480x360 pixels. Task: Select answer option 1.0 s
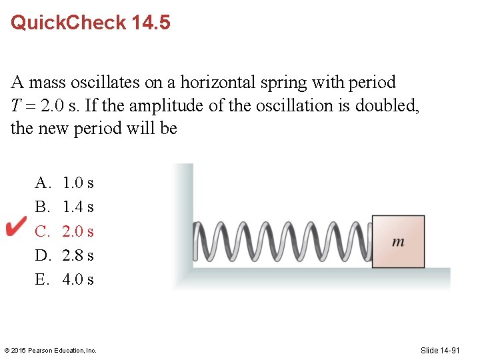click(x=78, y=183)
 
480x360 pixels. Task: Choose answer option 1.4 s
click(x=78, y=207)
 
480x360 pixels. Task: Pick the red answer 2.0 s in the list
click(x=78, y=231)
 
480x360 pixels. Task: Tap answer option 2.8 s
click(x=78, y=255)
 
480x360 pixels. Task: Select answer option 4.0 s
click(x=78, y=279)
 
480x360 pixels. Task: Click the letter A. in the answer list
click(x=43, y=183)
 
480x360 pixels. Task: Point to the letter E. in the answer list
click(x=43, y=279)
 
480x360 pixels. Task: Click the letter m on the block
click(x=398, y=241)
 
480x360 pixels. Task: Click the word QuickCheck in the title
click(x=68, y=23)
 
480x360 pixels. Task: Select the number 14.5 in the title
click(x=151, y=23)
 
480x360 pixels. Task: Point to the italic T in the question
click(x=15, y=106)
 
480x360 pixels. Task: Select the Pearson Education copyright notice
click(x=51, y=350)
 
